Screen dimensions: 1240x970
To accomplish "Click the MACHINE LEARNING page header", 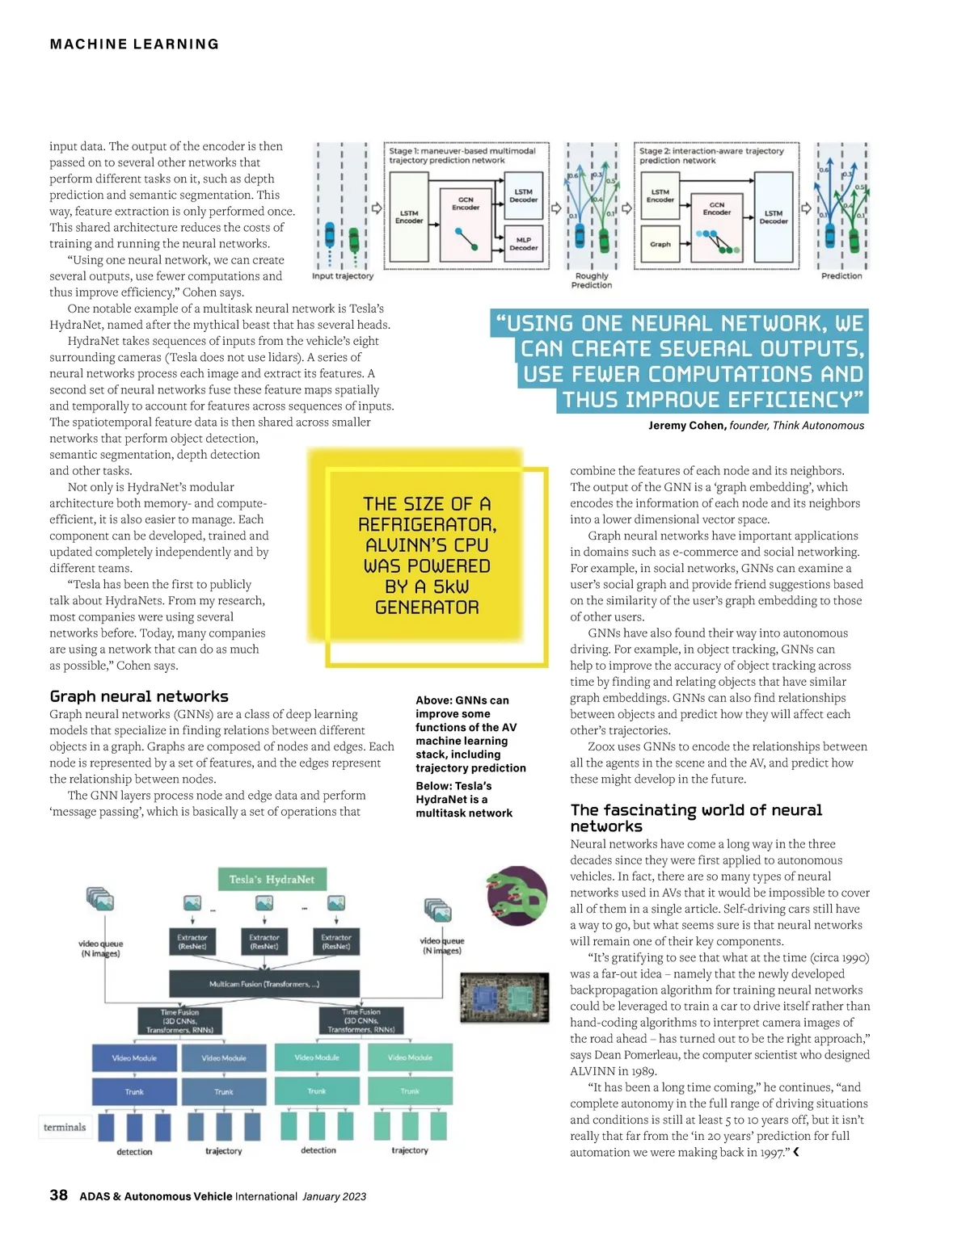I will click(x=134, y=44).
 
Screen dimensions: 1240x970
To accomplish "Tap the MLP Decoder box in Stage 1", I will click(x=523, y=244).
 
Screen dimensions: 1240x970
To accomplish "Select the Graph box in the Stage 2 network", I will click(x=660, y=244).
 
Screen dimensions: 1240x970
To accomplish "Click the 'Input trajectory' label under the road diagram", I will click(x=343, y=276).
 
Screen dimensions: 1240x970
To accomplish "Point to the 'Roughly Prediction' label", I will click(x=592, y=280).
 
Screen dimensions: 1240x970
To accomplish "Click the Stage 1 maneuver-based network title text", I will click(x=462, y=155).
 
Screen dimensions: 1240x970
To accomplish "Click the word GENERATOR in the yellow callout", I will click(x=427, y=607).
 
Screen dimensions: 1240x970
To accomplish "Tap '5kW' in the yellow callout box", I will click(x=450, y=586).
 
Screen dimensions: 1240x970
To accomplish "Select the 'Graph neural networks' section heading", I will click(x=139, y=696).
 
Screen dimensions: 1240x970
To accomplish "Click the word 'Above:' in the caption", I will click(x=433, y=700).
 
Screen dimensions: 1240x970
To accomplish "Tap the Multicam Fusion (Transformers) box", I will click(x=264, y=984).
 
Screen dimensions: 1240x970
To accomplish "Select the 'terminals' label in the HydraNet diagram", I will click(x=65, y=1127).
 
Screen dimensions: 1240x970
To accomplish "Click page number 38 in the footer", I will click(x=58, y=1196).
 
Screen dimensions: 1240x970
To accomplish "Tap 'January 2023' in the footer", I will click(x=334, y=1196).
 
